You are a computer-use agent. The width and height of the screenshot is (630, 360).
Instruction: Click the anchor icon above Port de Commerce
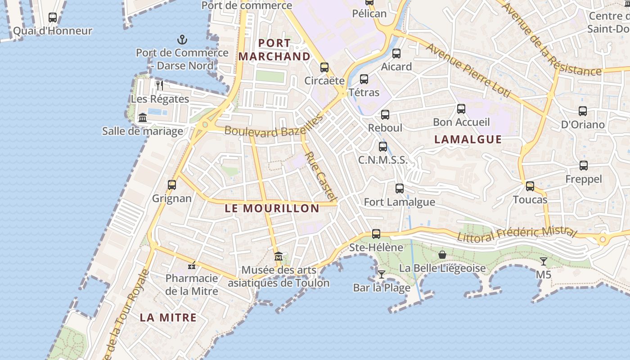click(x=182, y=40)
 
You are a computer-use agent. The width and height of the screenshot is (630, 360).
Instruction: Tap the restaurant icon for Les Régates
click(x=160, y=85)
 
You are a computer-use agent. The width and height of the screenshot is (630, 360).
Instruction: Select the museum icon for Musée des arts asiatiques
click(x=279, y=256)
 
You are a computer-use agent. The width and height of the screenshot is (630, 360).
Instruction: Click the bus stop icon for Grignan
click(x=171, y=185)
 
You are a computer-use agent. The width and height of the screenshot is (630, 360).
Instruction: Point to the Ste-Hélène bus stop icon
click(x=376, y=234)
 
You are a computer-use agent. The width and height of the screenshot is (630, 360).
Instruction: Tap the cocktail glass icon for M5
click(x=544, y=261)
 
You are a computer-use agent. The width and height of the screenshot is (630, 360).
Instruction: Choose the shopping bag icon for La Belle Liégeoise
click(x=442, y=255)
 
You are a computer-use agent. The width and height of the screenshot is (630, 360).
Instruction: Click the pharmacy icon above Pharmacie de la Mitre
click(x=192, y=265)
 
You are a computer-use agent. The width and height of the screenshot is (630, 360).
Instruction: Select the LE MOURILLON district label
click(x=272, y=208)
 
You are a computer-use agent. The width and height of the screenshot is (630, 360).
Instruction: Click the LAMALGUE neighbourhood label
click(x=468, y=139)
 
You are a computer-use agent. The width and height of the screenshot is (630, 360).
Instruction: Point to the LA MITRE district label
click(x=168, y=317)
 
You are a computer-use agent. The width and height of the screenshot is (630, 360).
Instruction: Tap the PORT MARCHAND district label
click(x=274, y=50)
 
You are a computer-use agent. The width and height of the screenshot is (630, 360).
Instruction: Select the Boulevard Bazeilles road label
click(x=274, y=126)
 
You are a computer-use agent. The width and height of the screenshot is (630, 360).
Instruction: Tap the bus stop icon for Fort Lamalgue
click(x=400, y=189)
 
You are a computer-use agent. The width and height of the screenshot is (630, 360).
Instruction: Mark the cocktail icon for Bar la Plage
click(x=382, y=274)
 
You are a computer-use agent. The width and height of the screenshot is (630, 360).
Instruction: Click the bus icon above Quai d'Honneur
click(x=53, y=18)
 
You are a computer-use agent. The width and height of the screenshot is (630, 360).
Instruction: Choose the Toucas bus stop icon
click(x=530, y=186)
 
